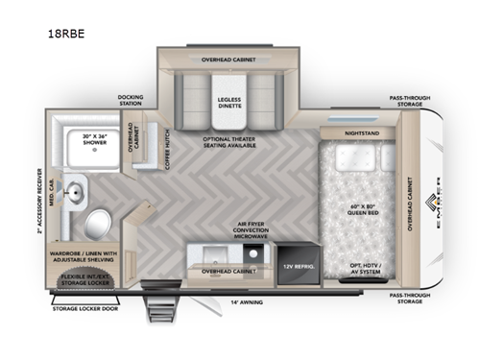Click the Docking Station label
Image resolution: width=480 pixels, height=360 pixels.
[131, 100]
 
